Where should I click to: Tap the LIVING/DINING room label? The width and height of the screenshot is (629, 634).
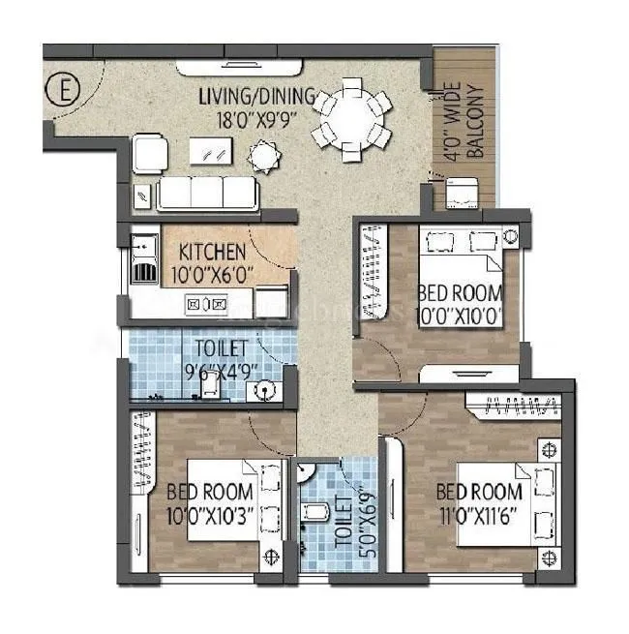click(x=257, y=96)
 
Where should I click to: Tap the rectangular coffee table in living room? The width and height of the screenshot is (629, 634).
click(x=212, y=151)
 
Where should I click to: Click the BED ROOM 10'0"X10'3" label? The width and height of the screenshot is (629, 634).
click(x=209, y=498)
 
